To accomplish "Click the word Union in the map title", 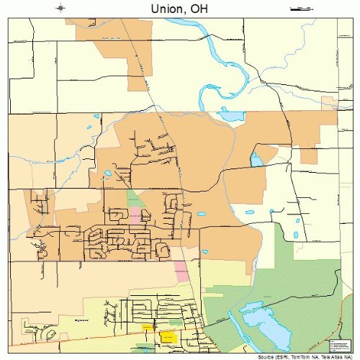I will click(167, 9).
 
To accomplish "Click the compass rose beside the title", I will click(60, 9).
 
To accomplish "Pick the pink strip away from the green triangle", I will click(181, 271).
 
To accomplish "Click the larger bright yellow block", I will click(168, 336).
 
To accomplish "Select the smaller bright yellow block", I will click(147, 328).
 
